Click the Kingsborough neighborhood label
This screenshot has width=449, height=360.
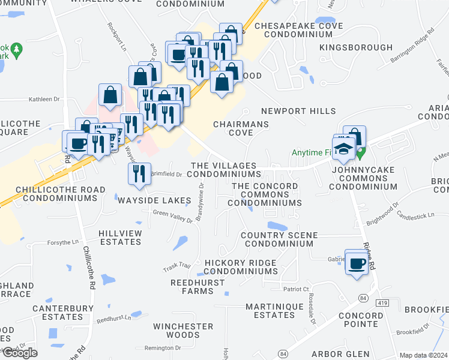(x=348, y=47)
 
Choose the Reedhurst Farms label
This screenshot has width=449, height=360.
(x=191, y=286)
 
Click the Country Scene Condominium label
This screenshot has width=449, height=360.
(x=278, y=239)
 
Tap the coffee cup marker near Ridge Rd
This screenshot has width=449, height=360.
(x=357, y=263)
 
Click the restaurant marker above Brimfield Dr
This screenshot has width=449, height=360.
(x=139, y=173)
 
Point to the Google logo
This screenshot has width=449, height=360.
(x=19, y=353)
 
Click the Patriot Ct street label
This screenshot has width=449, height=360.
(x=295, y=289)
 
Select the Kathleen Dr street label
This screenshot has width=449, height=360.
(x=45, y=100)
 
